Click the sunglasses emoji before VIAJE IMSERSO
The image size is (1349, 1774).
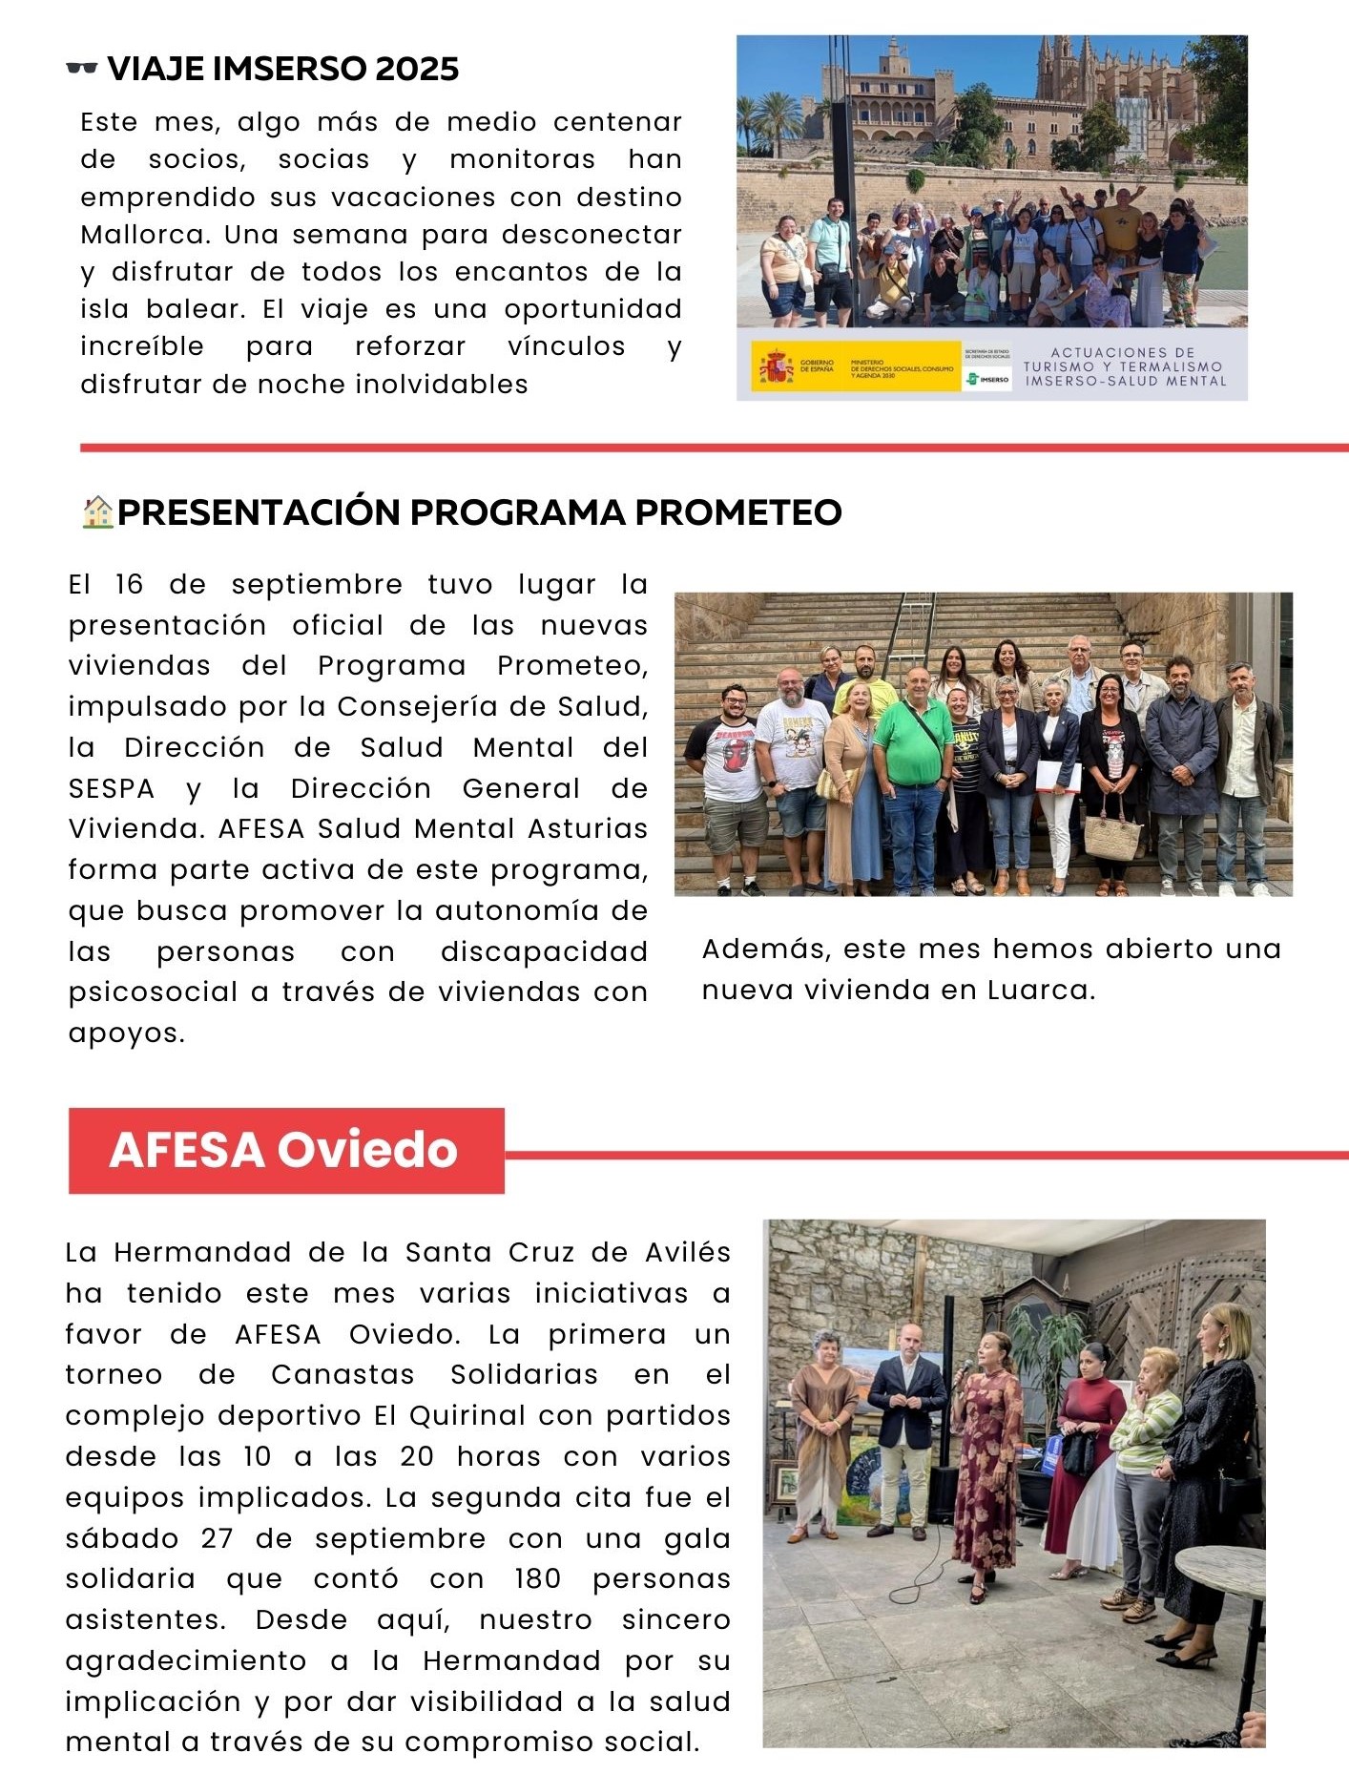click(x=82, y=68)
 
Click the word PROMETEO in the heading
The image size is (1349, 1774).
click(x=737, y=512)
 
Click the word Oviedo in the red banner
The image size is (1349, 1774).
click(x=367, y=1150)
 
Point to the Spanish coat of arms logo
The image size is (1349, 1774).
click(x=776, y=366)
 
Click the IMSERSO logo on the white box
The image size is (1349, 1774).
click(x=988, y=379)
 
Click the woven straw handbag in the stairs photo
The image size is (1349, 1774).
click(x=1112, y=837)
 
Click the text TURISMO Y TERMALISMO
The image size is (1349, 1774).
click(x=1123, y=366)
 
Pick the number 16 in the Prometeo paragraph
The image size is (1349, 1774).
click(x=129, y=585)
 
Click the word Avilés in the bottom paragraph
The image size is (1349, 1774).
click(x=688, y=1253)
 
